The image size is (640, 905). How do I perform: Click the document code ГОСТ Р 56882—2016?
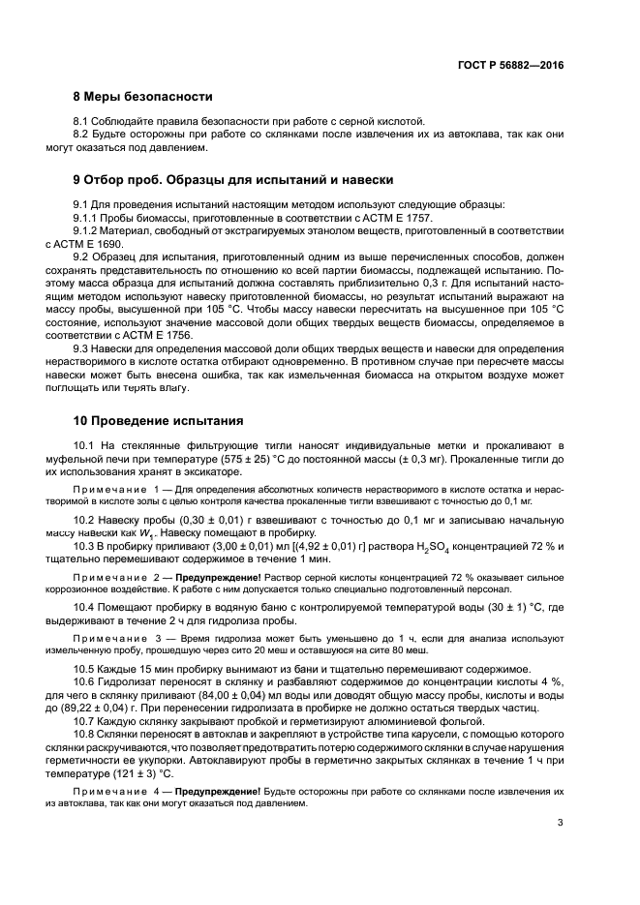[x=512, y=64]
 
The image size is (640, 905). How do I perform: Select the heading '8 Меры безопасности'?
[x=142, y=97]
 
